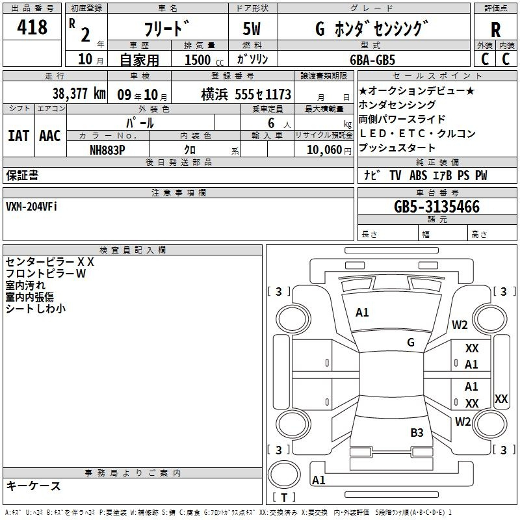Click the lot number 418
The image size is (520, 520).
coord(32,27)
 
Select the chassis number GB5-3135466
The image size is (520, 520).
coord(437,207)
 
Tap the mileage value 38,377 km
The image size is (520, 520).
coord(79,94)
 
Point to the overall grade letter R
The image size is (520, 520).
coord(495,29)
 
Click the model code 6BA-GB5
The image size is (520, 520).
coord(372,60)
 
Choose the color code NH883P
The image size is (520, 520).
coord(107,150)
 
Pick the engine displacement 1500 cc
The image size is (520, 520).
coord(204,60)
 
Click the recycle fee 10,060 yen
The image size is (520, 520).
coord(329,150)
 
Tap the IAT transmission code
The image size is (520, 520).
coord(19,136)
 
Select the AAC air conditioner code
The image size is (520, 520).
coord(50,136)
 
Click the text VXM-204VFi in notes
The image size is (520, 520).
coord(31,207)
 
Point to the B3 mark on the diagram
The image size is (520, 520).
coord(417,432)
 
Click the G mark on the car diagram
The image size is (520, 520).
coord(411,342)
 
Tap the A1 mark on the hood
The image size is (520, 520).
coord(362,313)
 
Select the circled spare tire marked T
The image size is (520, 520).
coord(284,474)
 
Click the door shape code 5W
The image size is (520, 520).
coord(252,29)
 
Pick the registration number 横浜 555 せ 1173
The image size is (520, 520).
coord(246,94)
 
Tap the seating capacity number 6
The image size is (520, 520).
coord(271,123)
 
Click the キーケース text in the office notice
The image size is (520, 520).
coord(34,486)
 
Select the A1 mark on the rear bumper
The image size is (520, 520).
coord(318,480)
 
